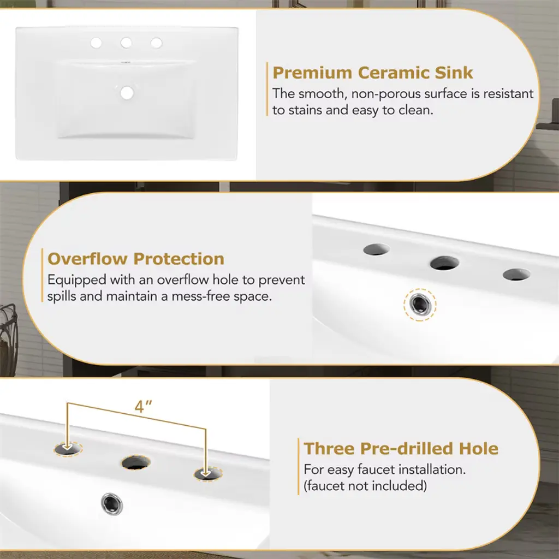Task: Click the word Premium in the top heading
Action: click(312, 73)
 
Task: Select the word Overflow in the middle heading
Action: click(87, 259)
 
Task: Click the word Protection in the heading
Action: click(179, 259)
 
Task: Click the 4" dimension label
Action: click(144, 406)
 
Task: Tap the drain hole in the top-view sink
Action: click(127, 93)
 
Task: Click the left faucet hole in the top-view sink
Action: click(96, 43)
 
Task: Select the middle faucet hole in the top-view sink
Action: click(126, 43)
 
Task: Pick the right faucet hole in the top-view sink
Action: click(157, 43)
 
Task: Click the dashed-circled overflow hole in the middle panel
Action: click(420, 305)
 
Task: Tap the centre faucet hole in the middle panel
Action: click(444, 263)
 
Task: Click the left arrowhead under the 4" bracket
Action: click(67, 447)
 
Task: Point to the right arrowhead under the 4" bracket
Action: click(206, 473)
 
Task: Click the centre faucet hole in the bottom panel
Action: click(136, 463)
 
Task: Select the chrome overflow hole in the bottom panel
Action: click(111, 504)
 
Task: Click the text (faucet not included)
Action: click(365, 486)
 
